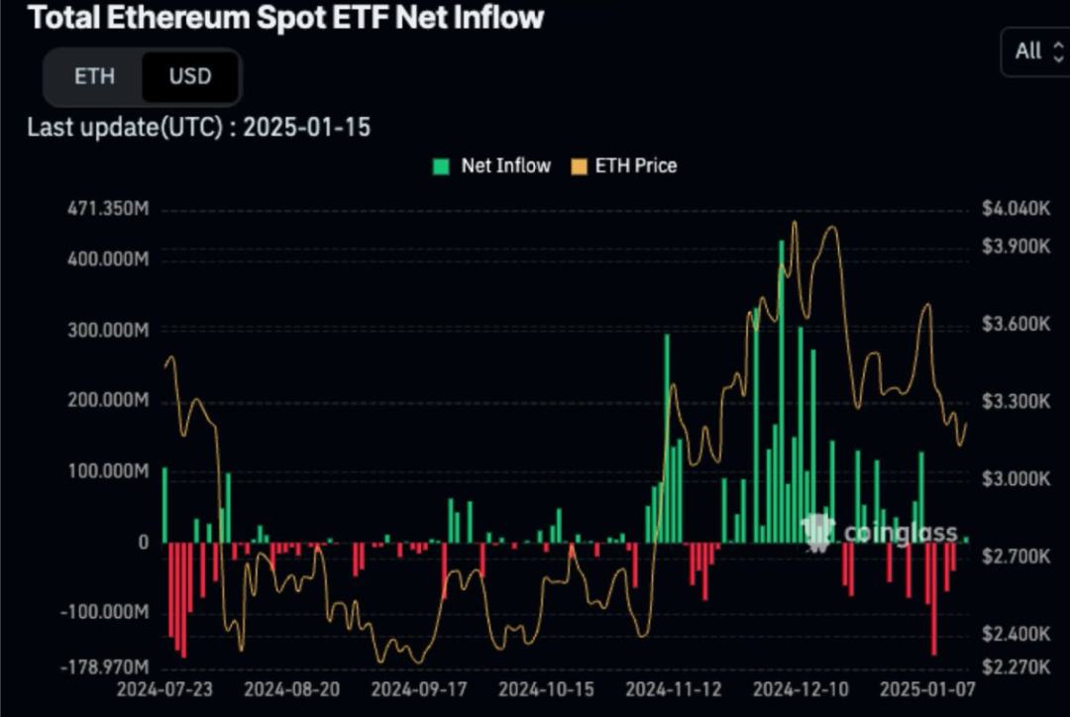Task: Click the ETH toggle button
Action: click(x=94, y=76)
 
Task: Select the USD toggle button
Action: click(x=189, y=76)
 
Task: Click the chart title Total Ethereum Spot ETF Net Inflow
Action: click(x=286, y=17)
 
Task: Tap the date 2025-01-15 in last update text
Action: click(x=306, y=127)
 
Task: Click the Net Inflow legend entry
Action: click(x=491, y=166)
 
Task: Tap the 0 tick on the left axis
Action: click(x=143, y=542)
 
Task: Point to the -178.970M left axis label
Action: click(x=105, y=667)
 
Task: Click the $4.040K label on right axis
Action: click(x=1015, y=209)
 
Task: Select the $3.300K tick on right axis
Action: click(x=1015, y=401)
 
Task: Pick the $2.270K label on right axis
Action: click(x=1015, y=667)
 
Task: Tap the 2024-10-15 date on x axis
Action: click(x=546, y=688)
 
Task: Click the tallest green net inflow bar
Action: click(x=781, y=396)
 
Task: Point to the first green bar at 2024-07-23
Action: click(x=164, y=505)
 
